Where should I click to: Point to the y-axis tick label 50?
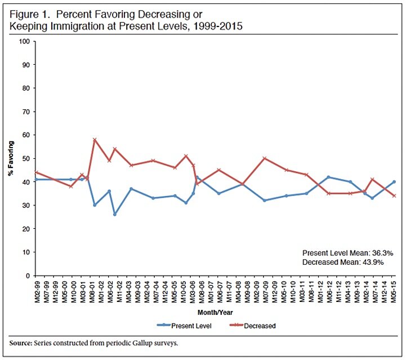click(25, 158)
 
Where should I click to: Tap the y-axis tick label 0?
click(26, 276)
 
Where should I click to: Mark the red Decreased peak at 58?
click(95, 139)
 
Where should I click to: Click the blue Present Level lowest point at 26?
click(114, 215)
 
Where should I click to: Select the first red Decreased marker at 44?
click(36, 172)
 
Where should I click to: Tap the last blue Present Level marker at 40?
click(394, 181)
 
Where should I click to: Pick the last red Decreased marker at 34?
click(394, 195)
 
